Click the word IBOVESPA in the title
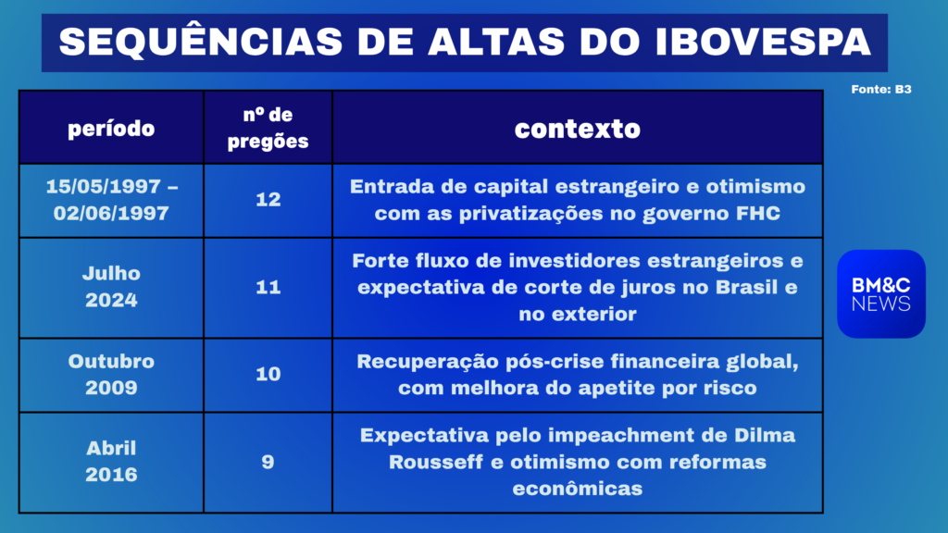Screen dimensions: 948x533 coord(763,42)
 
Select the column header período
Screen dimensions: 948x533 coord(111,128)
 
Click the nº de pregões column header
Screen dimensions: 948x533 coord(268,128)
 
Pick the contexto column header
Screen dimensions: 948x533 coord(578,129)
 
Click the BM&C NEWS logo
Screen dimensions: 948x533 coord(881,293)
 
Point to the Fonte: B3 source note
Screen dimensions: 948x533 coord(881,90)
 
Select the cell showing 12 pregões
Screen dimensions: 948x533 coord(268,200)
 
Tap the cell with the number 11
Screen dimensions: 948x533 coord(268,288)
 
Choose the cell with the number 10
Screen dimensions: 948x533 coord(268,375)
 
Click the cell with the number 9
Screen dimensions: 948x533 coord(268,463)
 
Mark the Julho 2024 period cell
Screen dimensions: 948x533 coord(111,288)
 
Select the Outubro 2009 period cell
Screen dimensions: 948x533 coord(111,375)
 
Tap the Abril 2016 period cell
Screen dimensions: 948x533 coord(111,463)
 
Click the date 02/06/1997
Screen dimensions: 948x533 coord(111,214)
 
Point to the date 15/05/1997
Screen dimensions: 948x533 coord(104,187)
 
